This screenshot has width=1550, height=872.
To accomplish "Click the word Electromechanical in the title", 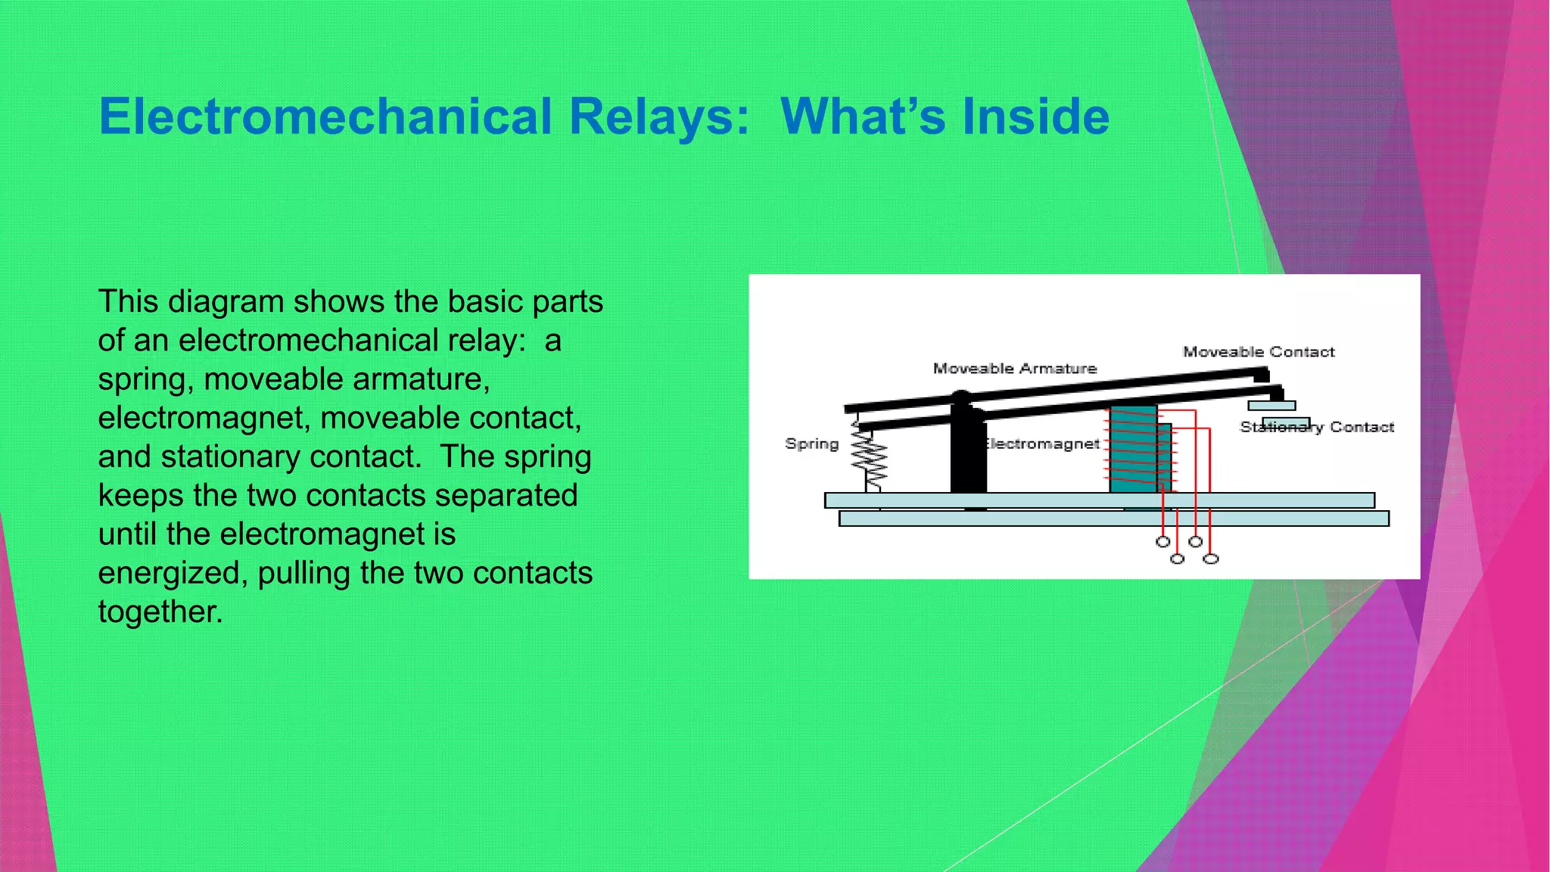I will coord(325,117).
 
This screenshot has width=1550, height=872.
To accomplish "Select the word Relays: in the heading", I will coord(658,117).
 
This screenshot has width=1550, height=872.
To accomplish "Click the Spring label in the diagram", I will coord(811,444).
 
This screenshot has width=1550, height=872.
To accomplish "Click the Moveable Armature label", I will coord(1014,369).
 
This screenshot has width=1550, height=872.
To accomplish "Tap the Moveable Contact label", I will coord(1258,352).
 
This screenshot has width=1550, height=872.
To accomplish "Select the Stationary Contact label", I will coord(1316,428).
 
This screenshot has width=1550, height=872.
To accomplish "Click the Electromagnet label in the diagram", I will coord(1042,444).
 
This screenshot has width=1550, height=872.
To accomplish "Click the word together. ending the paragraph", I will coord(160,612).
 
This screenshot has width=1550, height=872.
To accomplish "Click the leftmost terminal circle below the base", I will coord(1163,541).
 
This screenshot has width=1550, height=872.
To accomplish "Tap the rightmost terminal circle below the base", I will coord(1211,559).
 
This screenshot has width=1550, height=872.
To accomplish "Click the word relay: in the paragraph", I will coord(486,341).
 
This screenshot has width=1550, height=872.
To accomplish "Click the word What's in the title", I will coord(863,117).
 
